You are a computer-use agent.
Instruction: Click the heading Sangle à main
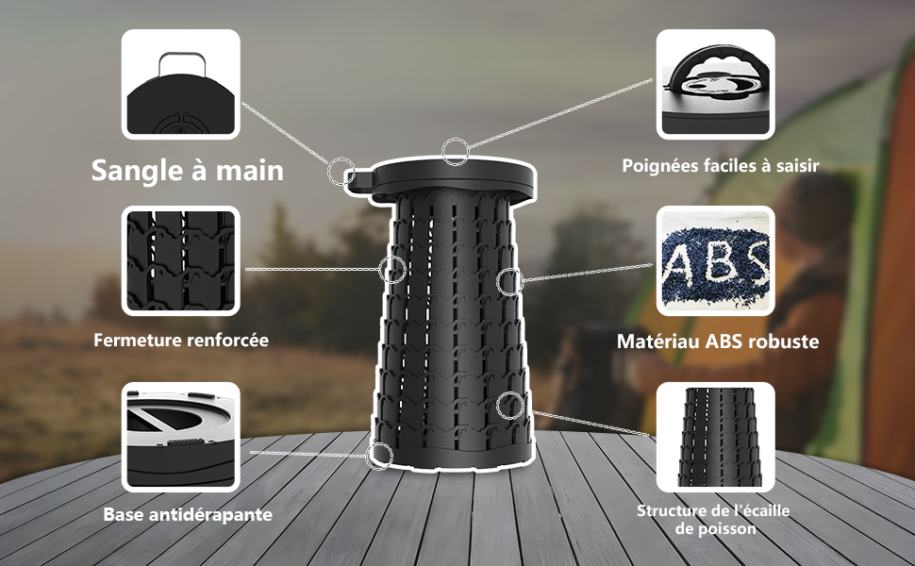point(188,171)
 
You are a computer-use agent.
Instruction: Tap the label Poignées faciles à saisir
point(720,166)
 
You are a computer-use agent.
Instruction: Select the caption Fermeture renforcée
point(181,341)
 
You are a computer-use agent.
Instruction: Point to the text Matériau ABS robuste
point(718,341)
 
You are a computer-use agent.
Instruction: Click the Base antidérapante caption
point(188,515)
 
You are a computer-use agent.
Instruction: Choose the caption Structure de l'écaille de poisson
point(713,520)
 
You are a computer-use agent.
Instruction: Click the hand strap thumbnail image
point(181,84)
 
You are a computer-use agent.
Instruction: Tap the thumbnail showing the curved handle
point(715,84)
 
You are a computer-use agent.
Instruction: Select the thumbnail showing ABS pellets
point(715,260)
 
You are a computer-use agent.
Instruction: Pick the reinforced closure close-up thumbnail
point(181,260)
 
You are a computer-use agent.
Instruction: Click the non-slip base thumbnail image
point(181,437)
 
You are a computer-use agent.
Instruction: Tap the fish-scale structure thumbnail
point(715,437)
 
